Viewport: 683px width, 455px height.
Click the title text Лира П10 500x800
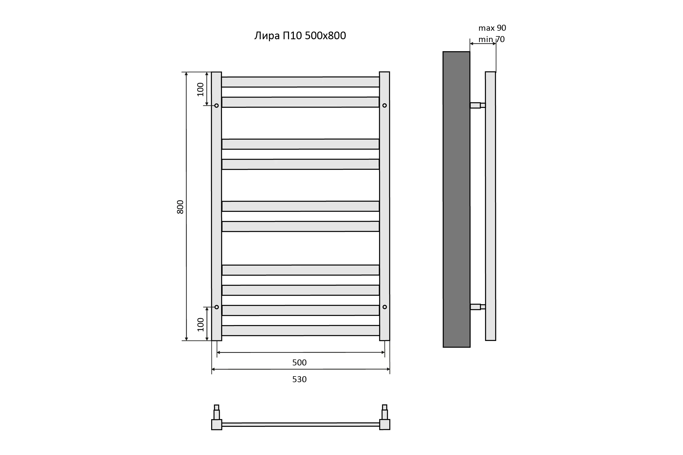pyautogui.click(x=300, y=36)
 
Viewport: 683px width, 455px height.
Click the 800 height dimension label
pyautogui.click(x=180, y=207)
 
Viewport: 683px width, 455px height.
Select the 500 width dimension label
pyautogui.click(x=299, y=362)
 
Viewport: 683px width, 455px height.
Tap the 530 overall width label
pyautogui.click(x=299, y=379)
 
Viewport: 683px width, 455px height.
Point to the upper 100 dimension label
pyautogui.click(x=200, y=89)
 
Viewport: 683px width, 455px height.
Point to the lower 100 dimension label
pyautogui.click(x=200, y=324)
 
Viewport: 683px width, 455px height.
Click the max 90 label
pyautogui.click(x=492, y=28)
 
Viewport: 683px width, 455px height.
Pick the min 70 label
pyautogui.click(x=492, y=39)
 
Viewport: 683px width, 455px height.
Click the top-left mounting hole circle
pyautogui.click(x=216, y=106)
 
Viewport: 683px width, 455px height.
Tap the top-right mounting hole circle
pyautogui.click(x=384, y=105)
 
